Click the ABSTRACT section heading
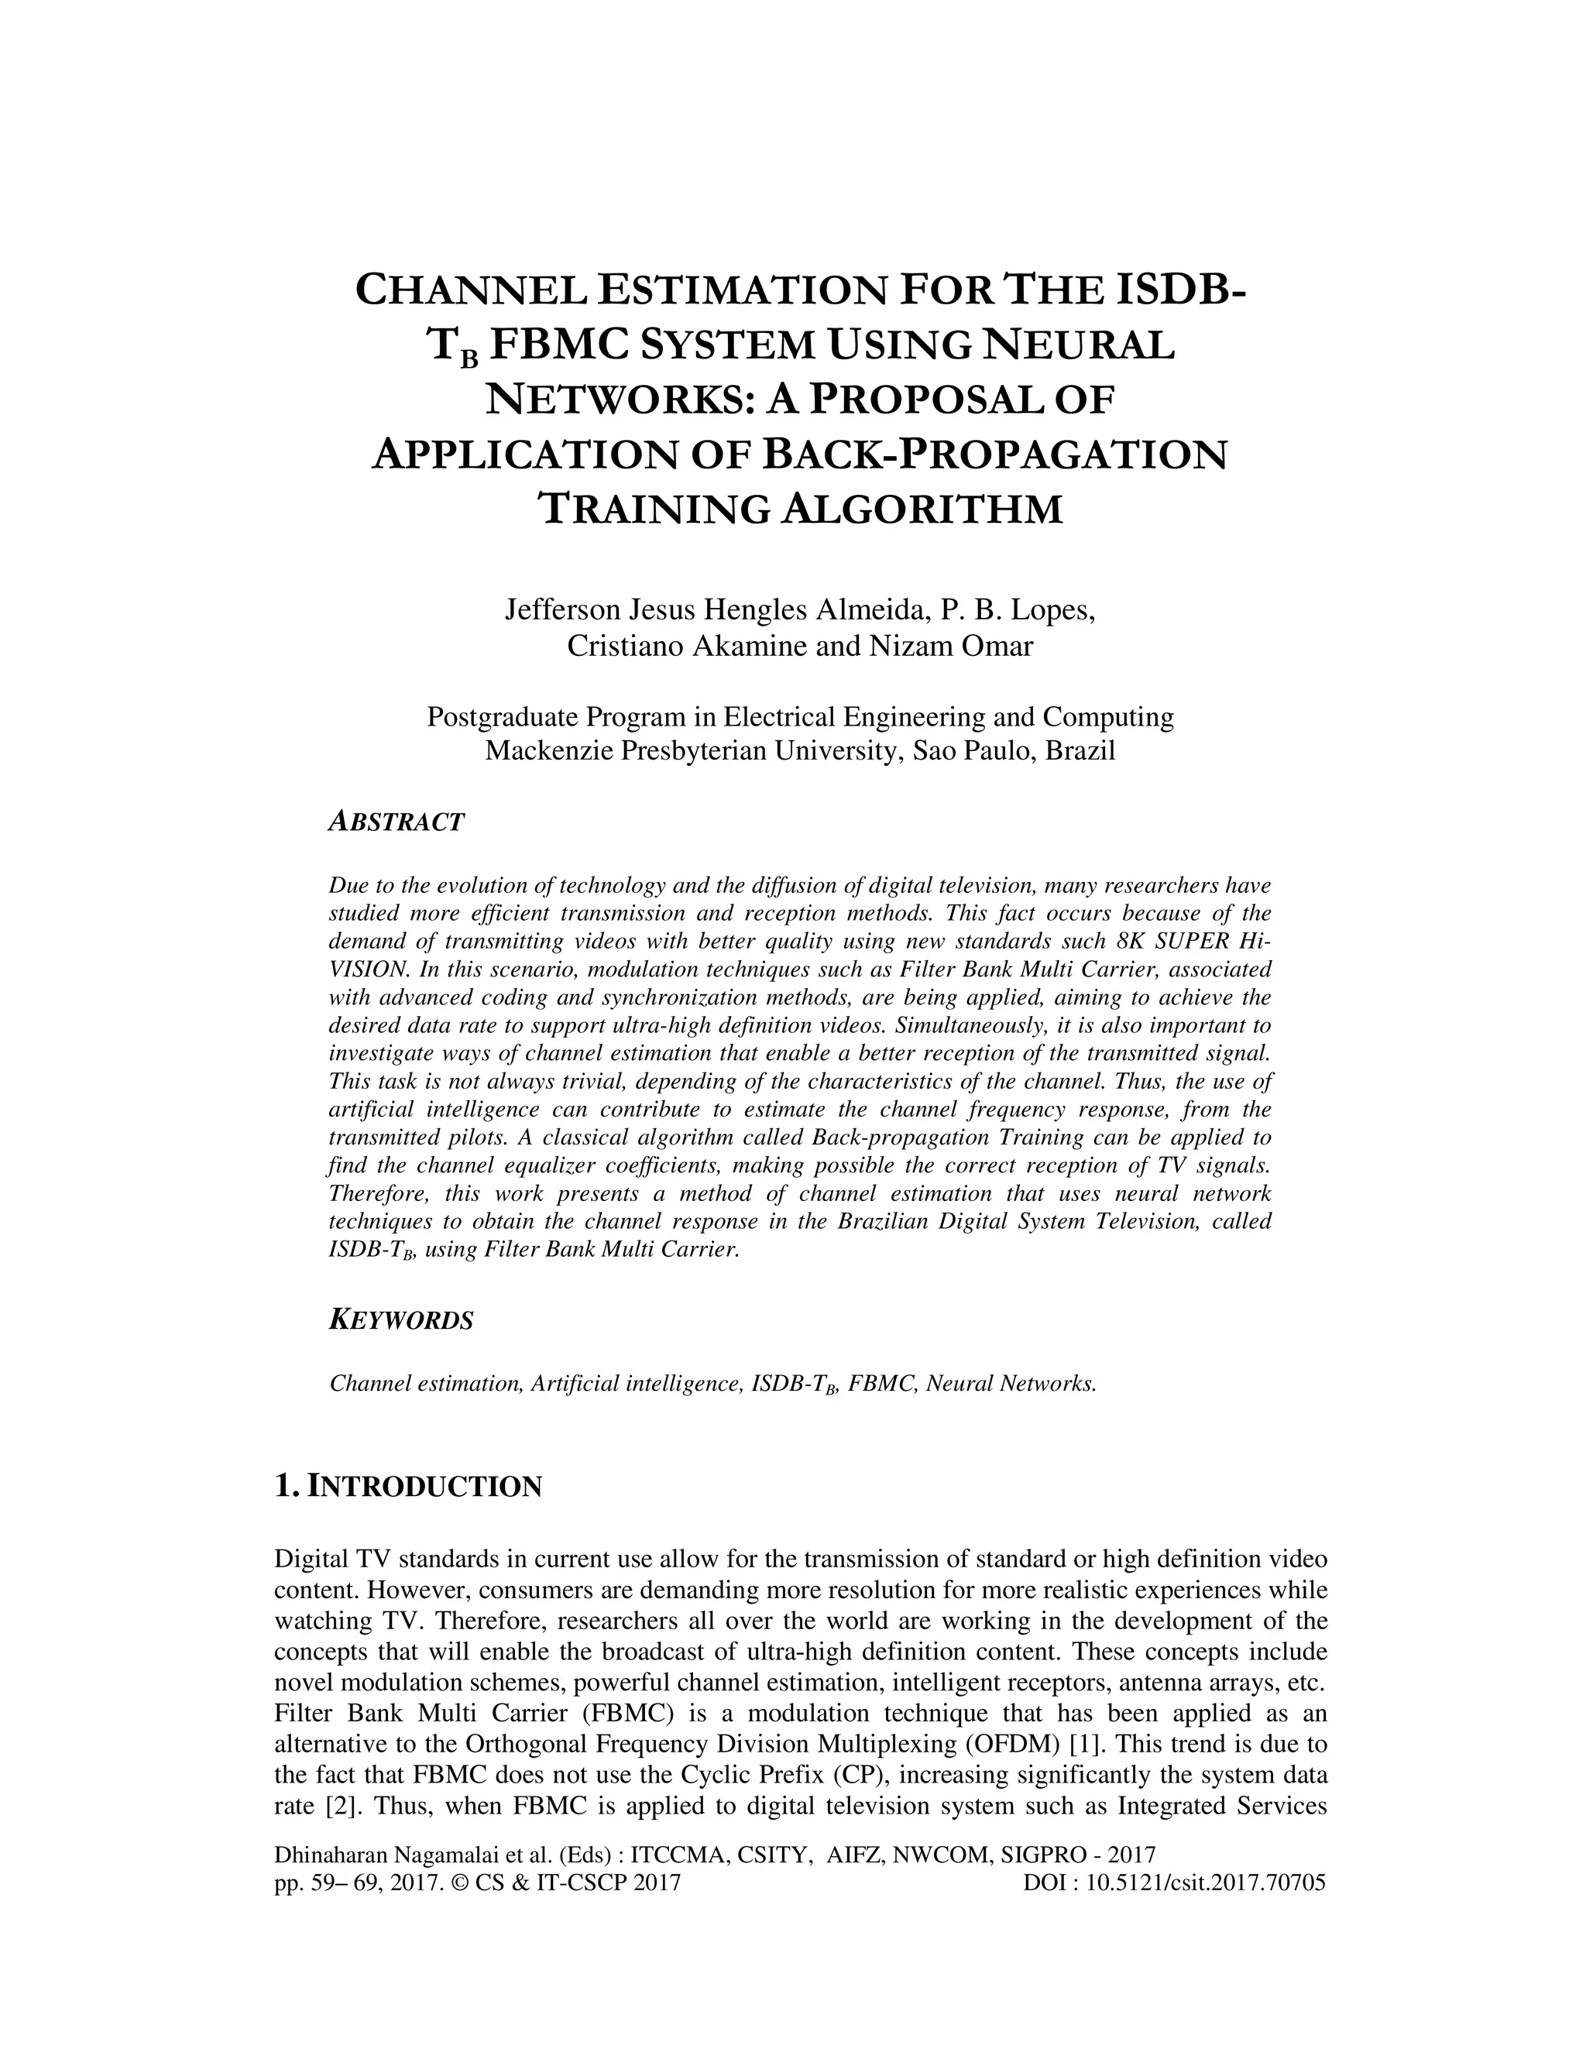396,822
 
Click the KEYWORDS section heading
401,1320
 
